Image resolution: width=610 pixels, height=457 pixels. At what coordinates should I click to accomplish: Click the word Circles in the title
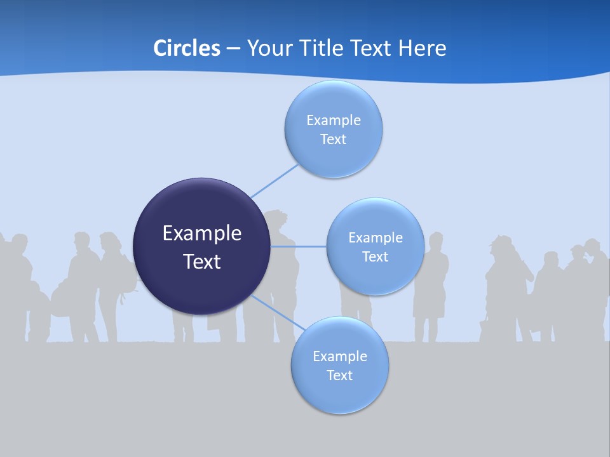pyautogui.click(x=186, y=48)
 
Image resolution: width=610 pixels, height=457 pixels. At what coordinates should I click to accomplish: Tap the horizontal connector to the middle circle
pyautogui.click(x=299, y=246)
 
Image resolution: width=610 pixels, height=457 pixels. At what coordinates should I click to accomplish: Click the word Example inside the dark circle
pyautogui.click(x=202, y=234)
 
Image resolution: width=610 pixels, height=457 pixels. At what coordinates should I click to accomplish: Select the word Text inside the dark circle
pyautogui.click(x=202, y=262)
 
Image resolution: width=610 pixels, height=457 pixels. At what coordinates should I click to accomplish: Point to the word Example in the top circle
pyautogui.click(x=333, y=121)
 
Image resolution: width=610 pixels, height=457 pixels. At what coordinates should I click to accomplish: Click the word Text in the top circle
pyautogui.click(x=333, y=140)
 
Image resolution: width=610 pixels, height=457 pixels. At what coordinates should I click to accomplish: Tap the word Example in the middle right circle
pyautogui.click(x=375, y=238)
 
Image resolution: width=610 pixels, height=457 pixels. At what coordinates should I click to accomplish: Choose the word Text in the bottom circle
pyautogui.click(x=339, y=376)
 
